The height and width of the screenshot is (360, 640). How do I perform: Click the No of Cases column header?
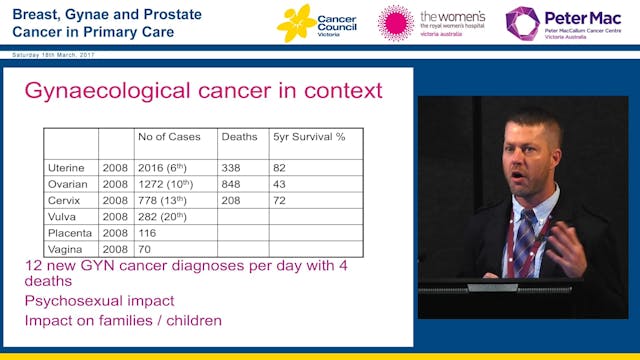168,137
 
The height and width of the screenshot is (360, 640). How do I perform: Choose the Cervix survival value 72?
281,200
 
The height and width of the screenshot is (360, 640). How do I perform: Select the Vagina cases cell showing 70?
144,248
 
